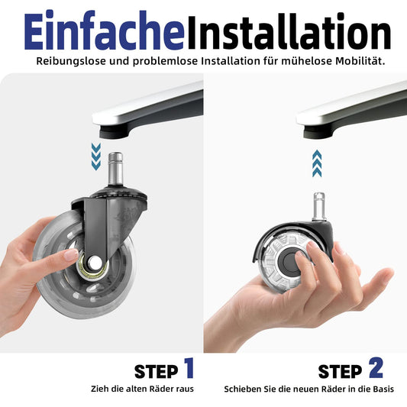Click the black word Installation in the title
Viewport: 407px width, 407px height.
tap(289, 31)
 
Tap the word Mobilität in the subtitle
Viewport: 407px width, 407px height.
tap(360, 61)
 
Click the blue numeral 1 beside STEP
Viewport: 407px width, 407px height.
tap(189, 367)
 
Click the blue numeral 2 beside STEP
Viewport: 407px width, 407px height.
tap(376, 367)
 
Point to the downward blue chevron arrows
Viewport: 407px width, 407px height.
tap(96, 157)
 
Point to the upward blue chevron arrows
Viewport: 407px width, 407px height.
tap(317, 163)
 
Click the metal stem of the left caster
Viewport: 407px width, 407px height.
tap(115, 169)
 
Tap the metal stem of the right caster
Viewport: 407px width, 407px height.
tap(319, 206)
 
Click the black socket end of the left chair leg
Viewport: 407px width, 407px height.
tap(115, 132)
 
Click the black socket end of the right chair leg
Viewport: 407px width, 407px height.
tap(318, 132)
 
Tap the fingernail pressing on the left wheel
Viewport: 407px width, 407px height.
tap(71, 254)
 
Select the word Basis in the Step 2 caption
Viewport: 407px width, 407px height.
tap(383, 389)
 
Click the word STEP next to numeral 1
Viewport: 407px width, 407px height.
tap(156, 372)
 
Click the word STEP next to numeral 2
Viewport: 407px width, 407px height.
tap(340, 372)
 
